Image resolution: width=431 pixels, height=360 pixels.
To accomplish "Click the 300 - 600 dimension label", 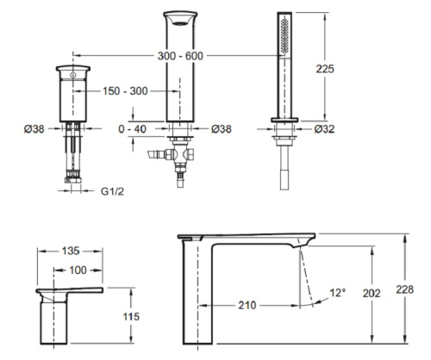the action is tap(180, 56).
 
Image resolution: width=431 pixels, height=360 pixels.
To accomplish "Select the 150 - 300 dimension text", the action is tap(125, 91).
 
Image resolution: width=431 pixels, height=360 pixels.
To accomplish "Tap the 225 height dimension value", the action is tap(325, 69).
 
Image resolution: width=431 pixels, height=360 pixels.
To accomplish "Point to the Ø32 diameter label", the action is tap(324, 129).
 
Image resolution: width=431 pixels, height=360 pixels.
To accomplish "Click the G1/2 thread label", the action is tap(112, 191).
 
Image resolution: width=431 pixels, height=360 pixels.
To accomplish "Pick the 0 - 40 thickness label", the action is tap(132, 129).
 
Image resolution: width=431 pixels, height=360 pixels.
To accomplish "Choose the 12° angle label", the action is tap(338, 293).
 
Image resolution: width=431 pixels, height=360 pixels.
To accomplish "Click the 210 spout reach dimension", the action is tap(247, 305).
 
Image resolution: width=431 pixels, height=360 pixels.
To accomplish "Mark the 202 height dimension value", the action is tap(372, 293).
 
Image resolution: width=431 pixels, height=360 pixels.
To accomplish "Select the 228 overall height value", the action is tap(405, 289).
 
